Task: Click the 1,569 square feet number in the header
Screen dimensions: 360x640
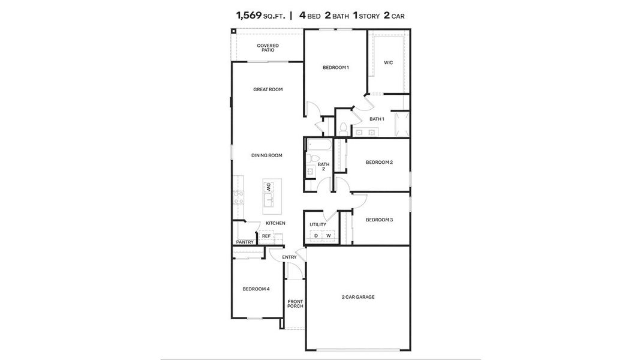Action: pos(248,16)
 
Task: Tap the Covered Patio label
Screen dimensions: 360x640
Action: pos(268,47)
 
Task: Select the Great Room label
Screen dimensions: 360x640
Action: pos(268,89)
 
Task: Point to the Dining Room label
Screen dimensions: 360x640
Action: pos(266,155)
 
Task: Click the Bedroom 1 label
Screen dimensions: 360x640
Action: pos(335,68)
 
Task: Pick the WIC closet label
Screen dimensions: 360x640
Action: pos(388,62)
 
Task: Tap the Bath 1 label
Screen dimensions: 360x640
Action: pos(376,119)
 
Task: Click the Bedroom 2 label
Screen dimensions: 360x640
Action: pos(379,162)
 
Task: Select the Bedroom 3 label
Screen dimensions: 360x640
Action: pos(379,220)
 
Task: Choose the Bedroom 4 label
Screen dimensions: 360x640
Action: pos(256,289)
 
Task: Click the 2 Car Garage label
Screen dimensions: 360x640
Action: pos(358,297)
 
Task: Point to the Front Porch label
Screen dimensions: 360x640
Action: pos(295,304)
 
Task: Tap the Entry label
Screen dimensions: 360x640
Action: pos(289,257)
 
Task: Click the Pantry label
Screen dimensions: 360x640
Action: pos(245,242)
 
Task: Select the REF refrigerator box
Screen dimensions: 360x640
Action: pos(266,236)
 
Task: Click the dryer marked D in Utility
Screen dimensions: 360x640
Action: pos(316,236)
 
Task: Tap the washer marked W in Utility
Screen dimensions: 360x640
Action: pos(329,236)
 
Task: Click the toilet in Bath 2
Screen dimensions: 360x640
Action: pos(311,159)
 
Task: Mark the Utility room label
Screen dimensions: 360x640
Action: pos(318,224)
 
